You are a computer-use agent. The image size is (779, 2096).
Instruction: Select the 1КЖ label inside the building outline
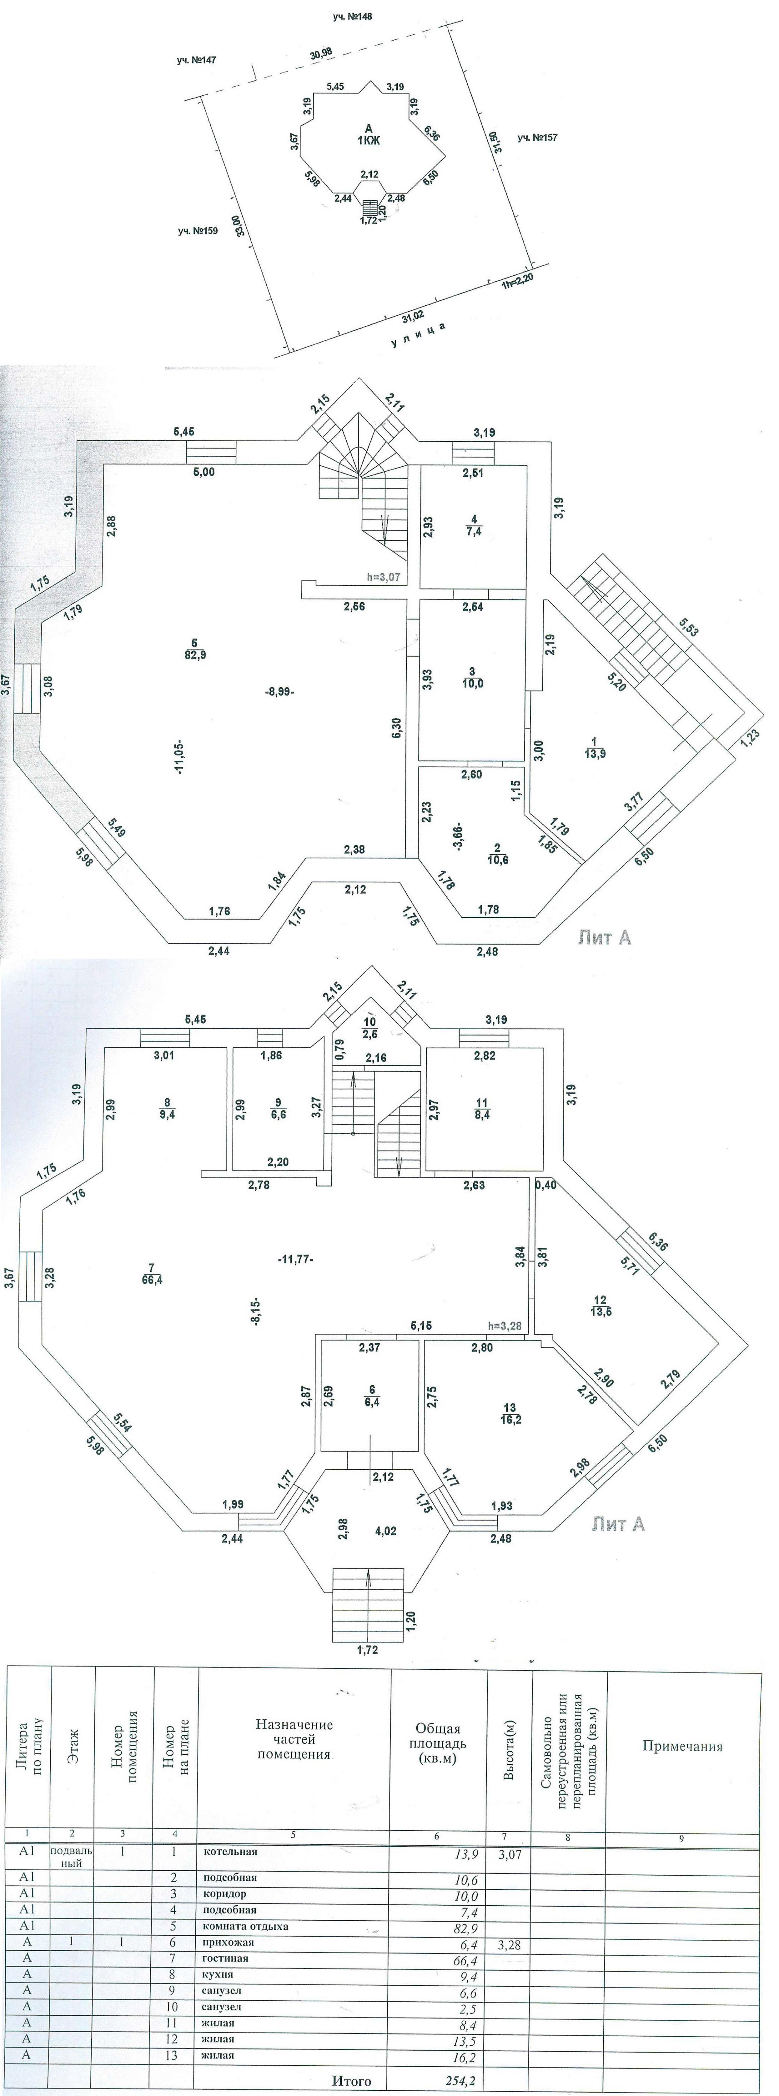pos(369,141)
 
